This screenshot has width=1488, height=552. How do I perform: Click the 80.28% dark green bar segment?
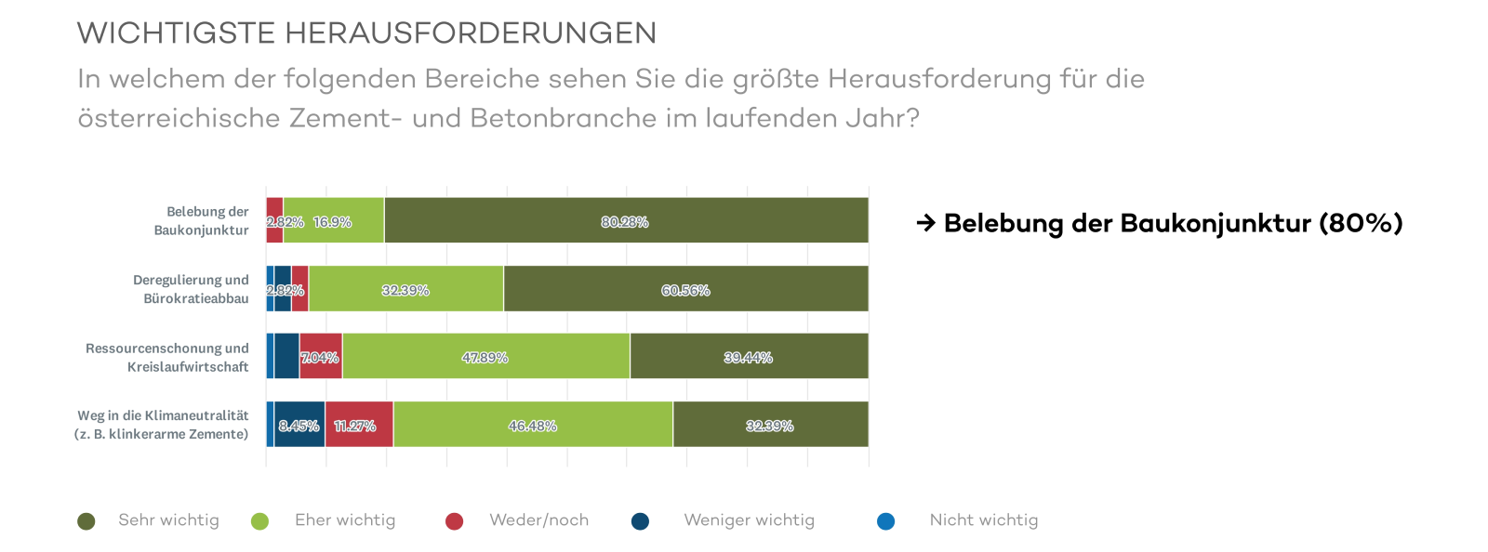tap(626, 220)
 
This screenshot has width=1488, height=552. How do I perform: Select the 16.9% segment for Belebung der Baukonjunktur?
tap(333, 220)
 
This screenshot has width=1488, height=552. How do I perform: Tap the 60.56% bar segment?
tap(685, 289)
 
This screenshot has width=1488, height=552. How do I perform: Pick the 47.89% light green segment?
tap(485, 356)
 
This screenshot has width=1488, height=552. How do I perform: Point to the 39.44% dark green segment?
tap(749, 356)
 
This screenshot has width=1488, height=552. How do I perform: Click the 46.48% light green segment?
tap(532, 425)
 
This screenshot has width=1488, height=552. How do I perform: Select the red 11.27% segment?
tap(358, 425)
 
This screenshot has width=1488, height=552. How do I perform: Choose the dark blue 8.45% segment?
tap(299, 425)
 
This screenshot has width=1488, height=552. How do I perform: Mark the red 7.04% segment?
tap(321, 356)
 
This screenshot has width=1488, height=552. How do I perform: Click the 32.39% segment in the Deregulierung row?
tap(405, 289)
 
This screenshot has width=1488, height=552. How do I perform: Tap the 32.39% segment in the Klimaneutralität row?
tap(770, 425)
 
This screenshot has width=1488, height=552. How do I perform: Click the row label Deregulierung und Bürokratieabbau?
tap(192, 289)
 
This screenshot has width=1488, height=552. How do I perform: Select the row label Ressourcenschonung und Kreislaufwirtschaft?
tap(168, 357)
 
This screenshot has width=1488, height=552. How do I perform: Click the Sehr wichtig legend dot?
tap(86, 521)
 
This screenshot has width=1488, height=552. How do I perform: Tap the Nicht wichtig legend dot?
tap(886, 521)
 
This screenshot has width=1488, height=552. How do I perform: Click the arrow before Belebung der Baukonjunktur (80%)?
tap(925, 223)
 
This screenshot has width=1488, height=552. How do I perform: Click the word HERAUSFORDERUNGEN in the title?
tap(471, 33)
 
